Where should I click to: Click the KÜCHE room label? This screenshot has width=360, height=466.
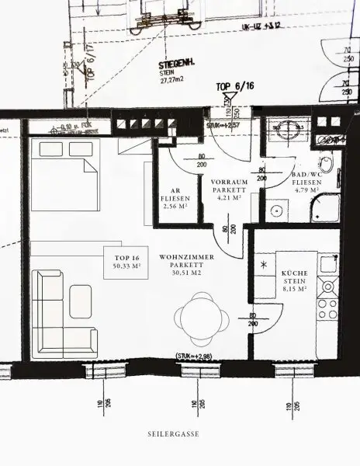pos(295,273)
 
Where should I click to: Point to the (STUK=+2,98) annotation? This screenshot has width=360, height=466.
pos(192,357)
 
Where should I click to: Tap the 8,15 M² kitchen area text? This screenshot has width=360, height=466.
pos(295,289)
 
